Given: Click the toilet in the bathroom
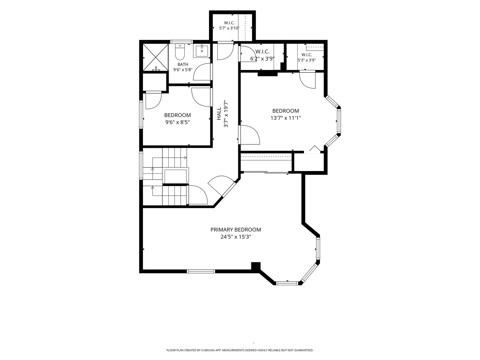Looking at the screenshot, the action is pos(180,52).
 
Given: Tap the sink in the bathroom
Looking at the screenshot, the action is pos(201,51).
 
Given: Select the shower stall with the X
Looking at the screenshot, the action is pos(156,57).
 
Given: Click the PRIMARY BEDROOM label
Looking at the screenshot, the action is pos(236,230).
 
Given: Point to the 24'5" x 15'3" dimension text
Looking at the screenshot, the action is pos(236,237).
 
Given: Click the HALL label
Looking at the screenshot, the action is pos(219,114).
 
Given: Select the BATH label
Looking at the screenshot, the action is pos(183,64).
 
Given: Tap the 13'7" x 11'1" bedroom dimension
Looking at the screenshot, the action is pos(286,118).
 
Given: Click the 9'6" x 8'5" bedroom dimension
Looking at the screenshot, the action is pos(177,122).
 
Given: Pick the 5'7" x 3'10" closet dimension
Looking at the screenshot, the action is pos(229,28).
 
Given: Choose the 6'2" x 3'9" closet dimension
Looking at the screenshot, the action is pos(262,59).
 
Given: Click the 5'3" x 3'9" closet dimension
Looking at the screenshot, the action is pos(307,60).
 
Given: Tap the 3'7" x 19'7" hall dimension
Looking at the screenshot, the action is pos(226,114).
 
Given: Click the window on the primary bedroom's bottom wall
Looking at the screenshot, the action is pos(201,271).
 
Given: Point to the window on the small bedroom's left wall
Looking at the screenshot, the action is pos(141,114).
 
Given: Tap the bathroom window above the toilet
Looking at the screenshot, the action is pos(182,42).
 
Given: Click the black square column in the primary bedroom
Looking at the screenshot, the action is pos(256,267).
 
